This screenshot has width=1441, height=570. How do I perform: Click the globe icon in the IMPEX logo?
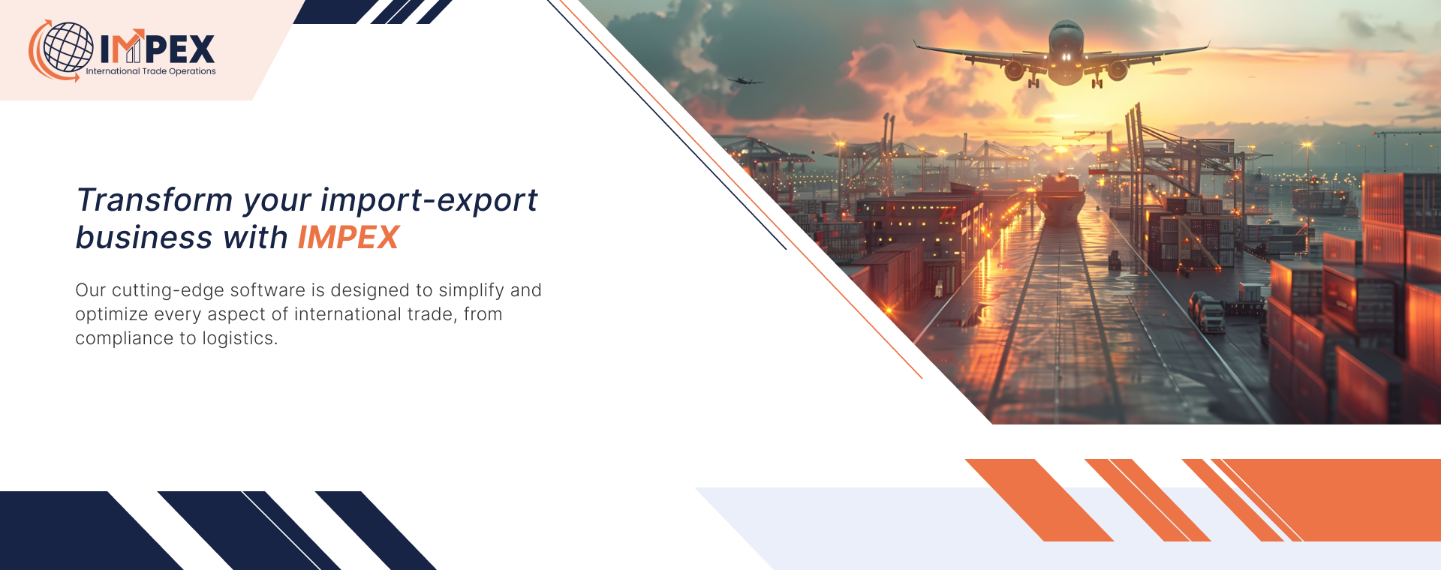click(68, 47)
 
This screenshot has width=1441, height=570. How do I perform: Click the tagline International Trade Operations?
click(151, 71)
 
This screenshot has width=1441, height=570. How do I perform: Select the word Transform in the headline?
click(155, 200)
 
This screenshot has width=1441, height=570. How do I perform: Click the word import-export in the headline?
click(429, 201)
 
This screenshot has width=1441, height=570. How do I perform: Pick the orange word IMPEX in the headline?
click(348, 238)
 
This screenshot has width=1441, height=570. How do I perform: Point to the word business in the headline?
click(144, 238)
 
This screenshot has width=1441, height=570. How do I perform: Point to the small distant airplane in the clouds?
click(744, 80)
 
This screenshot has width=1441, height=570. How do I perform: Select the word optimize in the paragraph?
click(112, 315)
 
